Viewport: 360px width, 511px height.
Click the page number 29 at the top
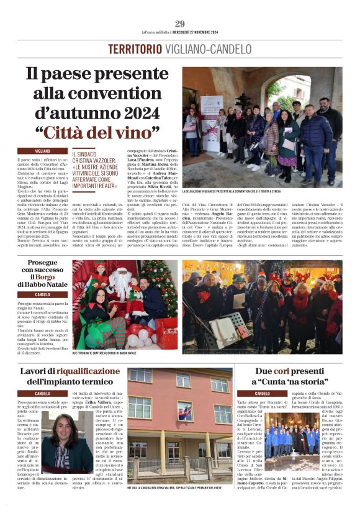[180, 24]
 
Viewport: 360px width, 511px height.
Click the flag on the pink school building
[185, 412]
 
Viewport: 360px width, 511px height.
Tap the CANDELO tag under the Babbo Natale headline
[43, 294]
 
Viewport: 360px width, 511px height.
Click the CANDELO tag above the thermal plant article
[43, 394]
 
